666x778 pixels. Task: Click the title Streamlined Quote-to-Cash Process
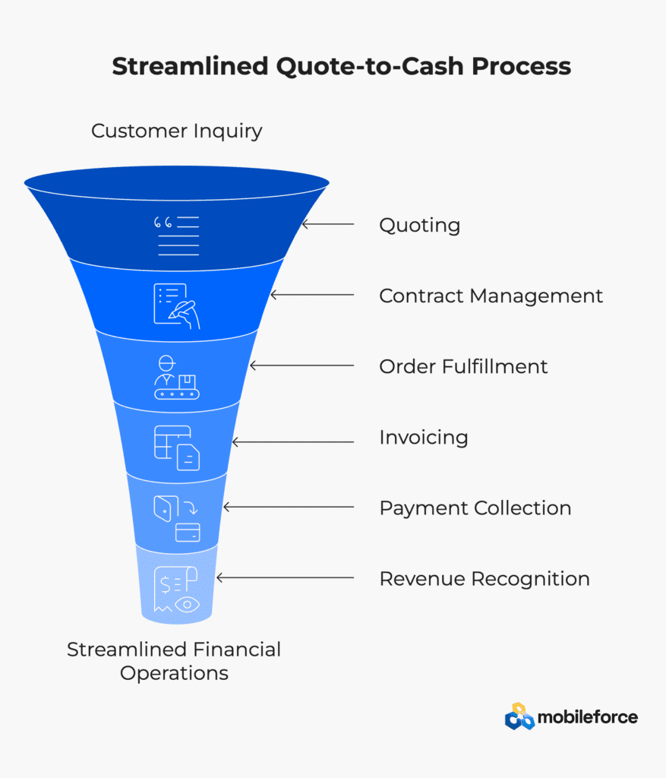(x=341, y=67)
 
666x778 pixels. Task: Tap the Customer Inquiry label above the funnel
(x=176, y=131)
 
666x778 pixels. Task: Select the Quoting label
(x=419, y=226)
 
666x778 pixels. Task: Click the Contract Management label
(x=491, y=296)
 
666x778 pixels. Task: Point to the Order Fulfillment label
(x=463, y=367)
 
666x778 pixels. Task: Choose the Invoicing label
(x=424, y=438)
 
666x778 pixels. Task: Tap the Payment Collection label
(x=475, y=508)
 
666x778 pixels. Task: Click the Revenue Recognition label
(x=485, y=579)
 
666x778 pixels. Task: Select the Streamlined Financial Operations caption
(x=174, y=661)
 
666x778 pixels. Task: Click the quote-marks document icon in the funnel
(x=176, y=236)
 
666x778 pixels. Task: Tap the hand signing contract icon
(x=176, y=306)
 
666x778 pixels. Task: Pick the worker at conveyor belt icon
(x=176, y=377)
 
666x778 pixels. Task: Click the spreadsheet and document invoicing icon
(x=176, y=448)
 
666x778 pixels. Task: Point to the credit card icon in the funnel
(x=188, y=533)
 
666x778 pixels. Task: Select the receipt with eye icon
(x=176, y=590)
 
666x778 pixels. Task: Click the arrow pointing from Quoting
(x=328, y=224)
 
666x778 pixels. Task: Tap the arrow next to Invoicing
(x=293, y=441)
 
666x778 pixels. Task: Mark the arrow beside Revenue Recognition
(x=285, y=577)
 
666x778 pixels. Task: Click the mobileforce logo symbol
(x=519, y=716)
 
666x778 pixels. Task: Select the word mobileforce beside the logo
(x=588, y=717)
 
